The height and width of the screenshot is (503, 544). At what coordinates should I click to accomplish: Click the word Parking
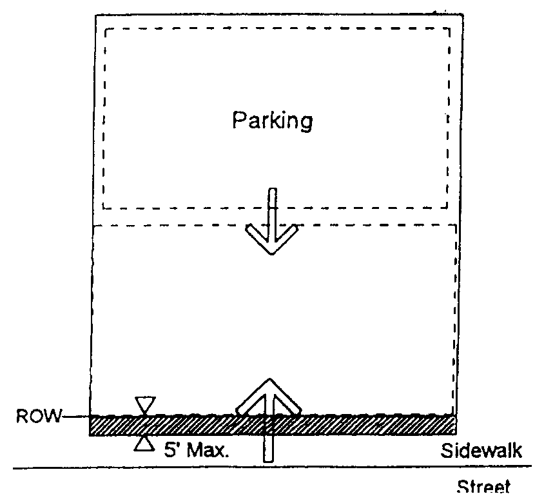(272, 121)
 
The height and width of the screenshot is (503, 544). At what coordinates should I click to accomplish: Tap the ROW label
(36, 417)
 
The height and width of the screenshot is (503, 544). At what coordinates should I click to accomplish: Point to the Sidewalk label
(481, 450)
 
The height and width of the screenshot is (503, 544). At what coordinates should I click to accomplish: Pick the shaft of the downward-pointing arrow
(272, 206)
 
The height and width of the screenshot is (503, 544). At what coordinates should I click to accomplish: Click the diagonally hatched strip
(361, 425)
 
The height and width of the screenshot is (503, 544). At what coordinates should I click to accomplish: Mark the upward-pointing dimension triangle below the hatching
(144, 444)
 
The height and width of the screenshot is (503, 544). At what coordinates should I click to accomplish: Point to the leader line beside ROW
(76, 417)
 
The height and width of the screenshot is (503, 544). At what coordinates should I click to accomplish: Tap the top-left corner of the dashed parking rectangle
(105, 29)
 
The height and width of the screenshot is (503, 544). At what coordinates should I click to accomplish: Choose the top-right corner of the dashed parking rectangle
(450, 29)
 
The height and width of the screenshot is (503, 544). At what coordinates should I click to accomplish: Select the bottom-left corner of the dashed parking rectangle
(104, 208)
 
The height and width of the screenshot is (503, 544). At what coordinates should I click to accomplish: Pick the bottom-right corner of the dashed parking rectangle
(448, 208)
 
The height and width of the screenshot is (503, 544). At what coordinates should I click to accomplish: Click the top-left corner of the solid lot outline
(95, 14)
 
